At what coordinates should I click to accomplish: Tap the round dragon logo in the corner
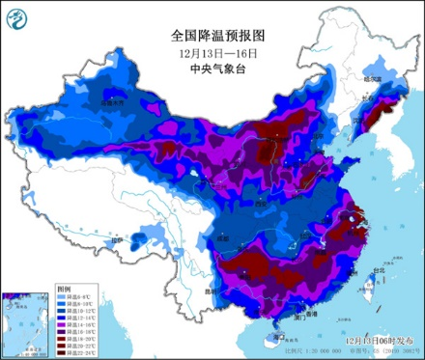click(x=17, y=16)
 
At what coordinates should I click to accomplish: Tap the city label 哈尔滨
click(x=373, y=79)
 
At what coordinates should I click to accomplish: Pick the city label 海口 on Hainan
click(x=280, y=337)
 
